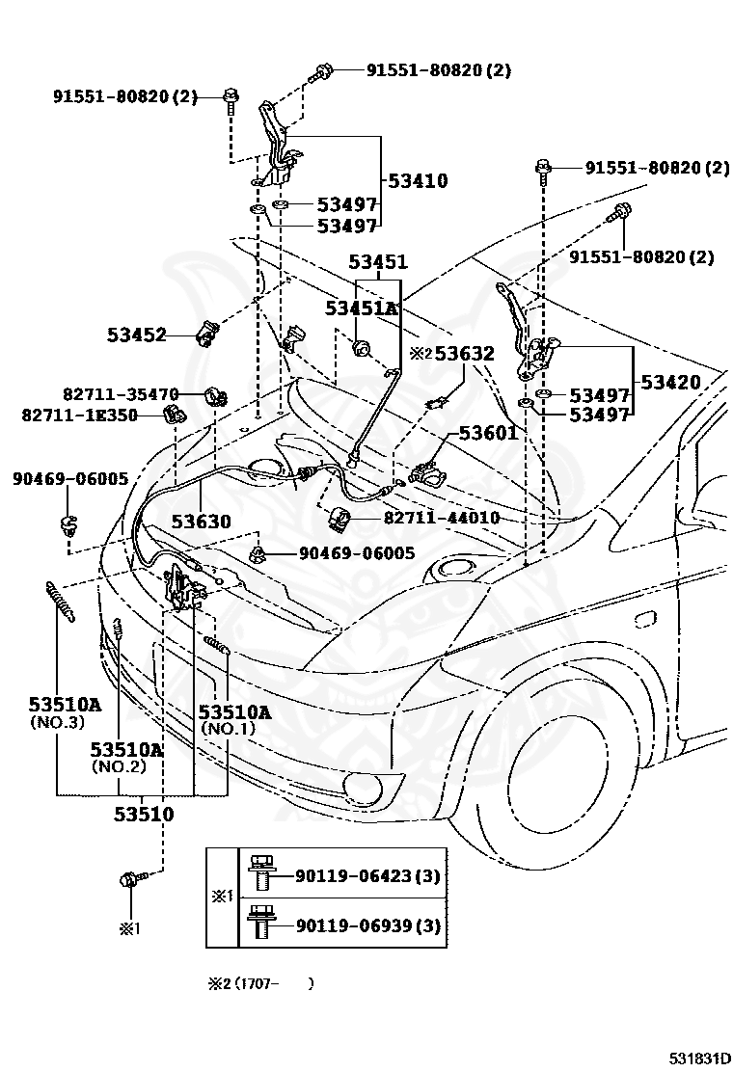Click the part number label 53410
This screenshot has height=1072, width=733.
tap(418, 181)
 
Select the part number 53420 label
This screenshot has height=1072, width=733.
tap(670, 382)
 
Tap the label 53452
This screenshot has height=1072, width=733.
tap(137, 335)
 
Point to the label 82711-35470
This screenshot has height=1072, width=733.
tap(121, 394)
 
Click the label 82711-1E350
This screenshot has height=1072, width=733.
tap(80, 415)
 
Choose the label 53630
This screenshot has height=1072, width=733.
tap(201, 522)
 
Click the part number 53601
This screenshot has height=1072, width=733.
tap(488, 433)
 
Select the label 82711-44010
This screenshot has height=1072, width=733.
tap(442, 518)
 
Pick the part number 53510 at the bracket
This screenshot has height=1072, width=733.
tap(144, 815)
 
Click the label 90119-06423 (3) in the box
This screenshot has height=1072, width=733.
tap(367, 875)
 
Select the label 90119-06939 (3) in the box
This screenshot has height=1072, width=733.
tap(367, 925)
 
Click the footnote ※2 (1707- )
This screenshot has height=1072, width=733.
tap(260, 984)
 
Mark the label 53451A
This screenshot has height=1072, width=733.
tap(361, 308)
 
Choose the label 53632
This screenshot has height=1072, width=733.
tap(464, 354)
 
